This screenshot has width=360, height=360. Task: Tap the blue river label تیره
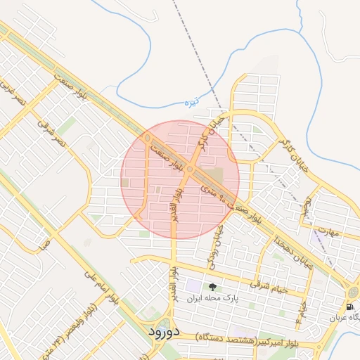192,103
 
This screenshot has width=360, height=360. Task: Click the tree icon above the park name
212,287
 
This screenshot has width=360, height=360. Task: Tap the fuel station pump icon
349,307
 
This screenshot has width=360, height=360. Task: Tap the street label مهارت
328,231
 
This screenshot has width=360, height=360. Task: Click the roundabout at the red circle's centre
190,169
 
